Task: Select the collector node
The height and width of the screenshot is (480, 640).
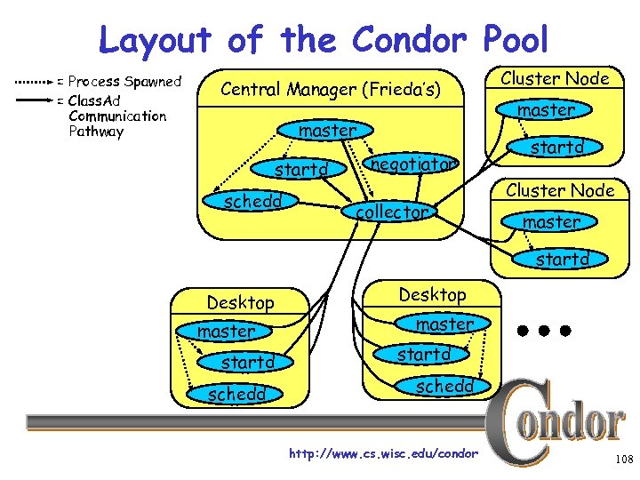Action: [392, 212]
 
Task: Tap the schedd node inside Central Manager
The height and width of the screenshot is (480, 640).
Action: [252, 201]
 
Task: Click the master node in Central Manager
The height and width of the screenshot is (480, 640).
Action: [327, 131]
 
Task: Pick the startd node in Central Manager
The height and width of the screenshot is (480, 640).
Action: [301, 169]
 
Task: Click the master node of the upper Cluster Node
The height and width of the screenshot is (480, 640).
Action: [546, 110]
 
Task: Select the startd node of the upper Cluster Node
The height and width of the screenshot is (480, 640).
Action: [556, 147]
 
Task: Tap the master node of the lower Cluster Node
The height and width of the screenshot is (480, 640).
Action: [551, 222]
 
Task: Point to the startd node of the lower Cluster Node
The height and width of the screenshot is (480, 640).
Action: [562, 260]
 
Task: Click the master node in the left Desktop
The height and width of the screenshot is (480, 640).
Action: [226, 332]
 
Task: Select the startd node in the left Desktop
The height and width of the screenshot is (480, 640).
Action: [248, 363]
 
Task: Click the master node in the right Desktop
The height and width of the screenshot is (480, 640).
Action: [444, 324]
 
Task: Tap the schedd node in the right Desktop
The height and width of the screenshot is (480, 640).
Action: [444, 386]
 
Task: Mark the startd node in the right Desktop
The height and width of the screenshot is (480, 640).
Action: [423, 355]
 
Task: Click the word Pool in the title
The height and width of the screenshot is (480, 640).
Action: [515, 40]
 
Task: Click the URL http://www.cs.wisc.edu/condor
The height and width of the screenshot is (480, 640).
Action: [383, 454]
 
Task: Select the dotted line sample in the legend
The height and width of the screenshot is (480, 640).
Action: [33, 82]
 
